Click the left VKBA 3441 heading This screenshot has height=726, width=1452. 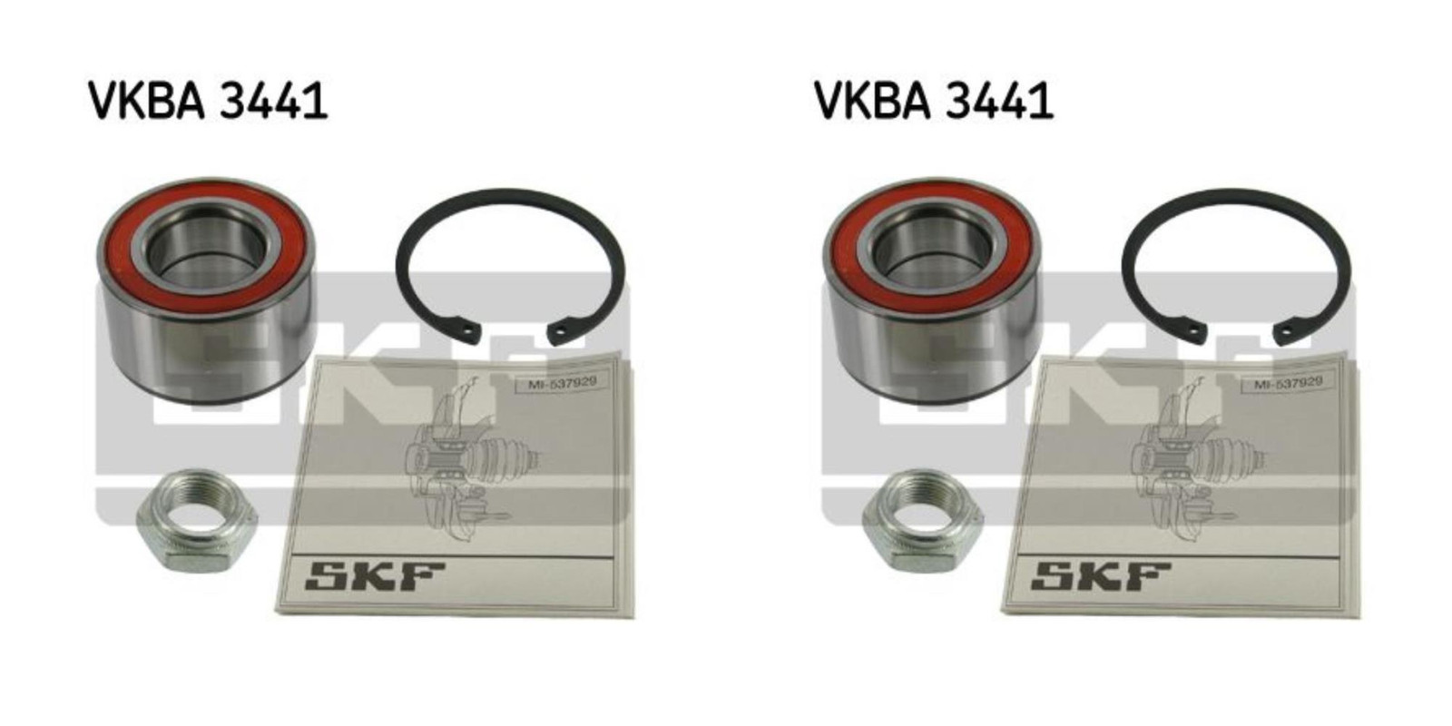tap(208, 101)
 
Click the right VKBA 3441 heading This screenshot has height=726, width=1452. tap(934, 101)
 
